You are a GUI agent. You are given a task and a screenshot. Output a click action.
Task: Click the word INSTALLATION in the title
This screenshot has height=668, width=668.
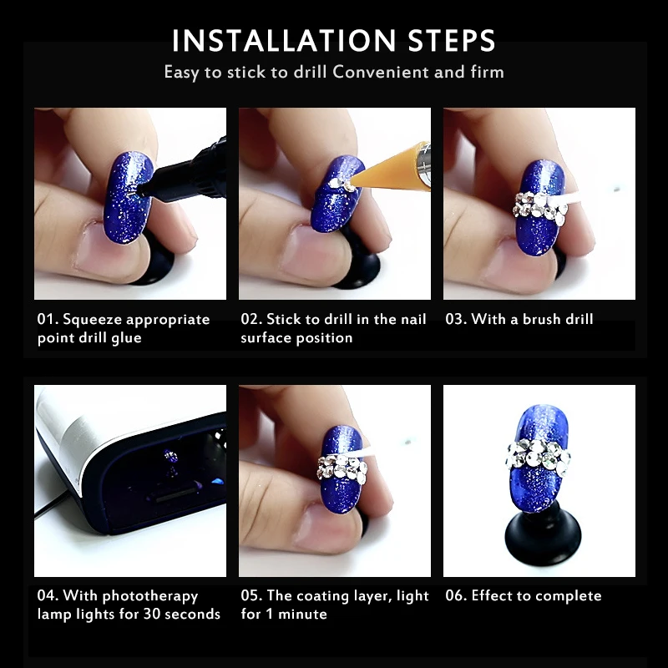284,41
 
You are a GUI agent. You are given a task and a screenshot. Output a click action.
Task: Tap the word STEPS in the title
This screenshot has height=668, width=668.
451,41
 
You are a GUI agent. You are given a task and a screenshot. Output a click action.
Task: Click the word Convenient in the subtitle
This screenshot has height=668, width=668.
380,72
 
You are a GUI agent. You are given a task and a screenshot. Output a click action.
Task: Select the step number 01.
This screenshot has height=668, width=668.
48,319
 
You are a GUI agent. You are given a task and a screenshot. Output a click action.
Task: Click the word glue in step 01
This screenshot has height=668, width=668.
126,338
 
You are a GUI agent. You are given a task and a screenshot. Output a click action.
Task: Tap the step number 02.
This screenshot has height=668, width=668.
251,319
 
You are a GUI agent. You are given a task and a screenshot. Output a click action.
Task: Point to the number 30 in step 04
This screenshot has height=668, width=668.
152,614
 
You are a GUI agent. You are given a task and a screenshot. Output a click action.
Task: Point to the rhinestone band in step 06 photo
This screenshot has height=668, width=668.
539,457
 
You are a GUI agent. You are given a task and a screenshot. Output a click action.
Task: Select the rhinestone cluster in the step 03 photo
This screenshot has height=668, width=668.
539,208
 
